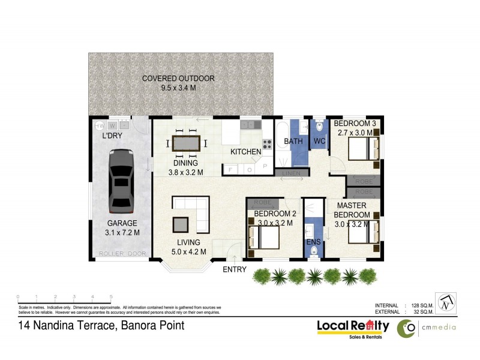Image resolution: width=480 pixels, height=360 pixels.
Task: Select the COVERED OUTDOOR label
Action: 178,79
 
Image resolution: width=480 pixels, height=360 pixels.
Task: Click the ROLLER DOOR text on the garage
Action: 122,254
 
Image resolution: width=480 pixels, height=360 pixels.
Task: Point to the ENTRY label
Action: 234,269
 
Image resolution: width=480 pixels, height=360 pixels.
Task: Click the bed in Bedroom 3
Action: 363,148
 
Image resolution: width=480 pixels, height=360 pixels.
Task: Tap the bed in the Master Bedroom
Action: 364,232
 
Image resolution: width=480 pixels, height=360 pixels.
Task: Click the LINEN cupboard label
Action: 292,173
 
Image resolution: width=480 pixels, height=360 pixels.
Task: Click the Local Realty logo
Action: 353,328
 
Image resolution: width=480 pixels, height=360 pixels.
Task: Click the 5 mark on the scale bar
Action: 111,297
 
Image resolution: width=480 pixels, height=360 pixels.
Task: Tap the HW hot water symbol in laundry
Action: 100,125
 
